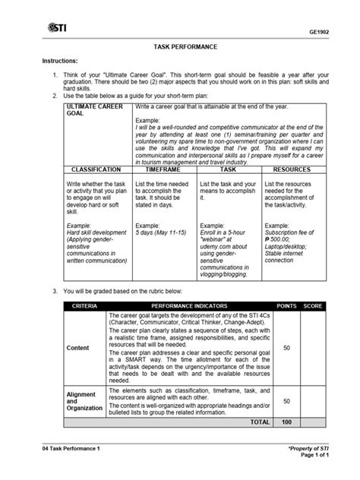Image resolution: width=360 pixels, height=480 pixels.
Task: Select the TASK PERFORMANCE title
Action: point(180,47)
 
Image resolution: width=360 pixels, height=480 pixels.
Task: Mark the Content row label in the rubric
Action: point(78,349)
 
